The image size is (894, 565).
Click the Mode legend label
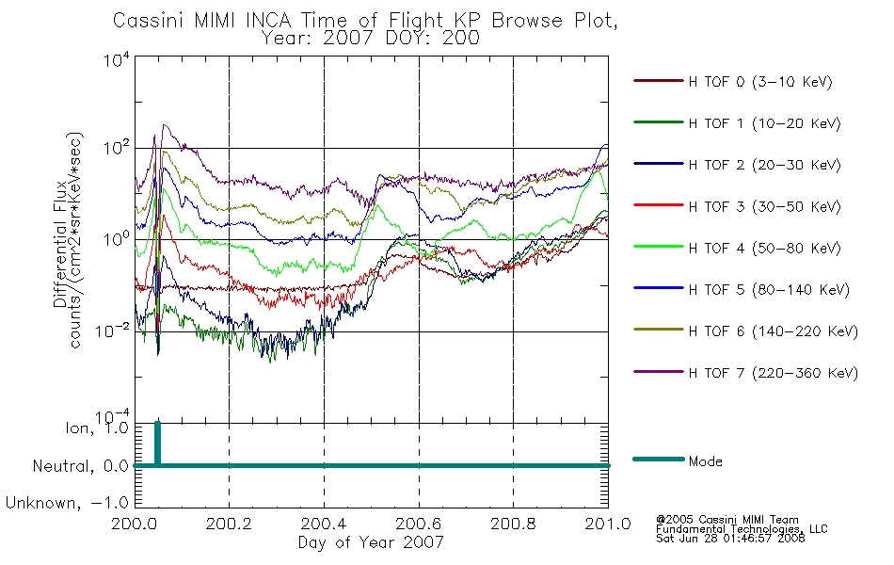pos(705,461)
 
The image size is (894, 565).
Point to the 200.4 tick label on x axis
pos(325,524)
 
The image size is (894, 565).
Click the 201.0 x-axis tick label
pos(608,524)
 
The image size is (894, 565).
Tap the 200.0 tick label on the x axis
pos(135,524)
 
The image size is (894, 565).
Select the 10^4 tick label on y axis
pos(117,59)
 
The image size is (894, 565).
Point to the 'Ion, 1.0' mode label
pos(98,428)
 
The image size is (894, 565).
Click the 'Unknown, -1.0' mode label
pos(68,503)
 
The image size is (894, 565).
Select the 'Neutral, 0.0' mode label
pos(81,466)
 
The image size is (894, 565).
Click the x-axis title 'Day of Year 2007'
pos(371,542)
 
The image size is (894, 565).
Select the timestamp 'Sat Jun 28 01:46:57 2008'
pos(730,539)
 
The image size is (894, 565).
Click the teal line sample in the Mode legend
pos(659,459)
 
